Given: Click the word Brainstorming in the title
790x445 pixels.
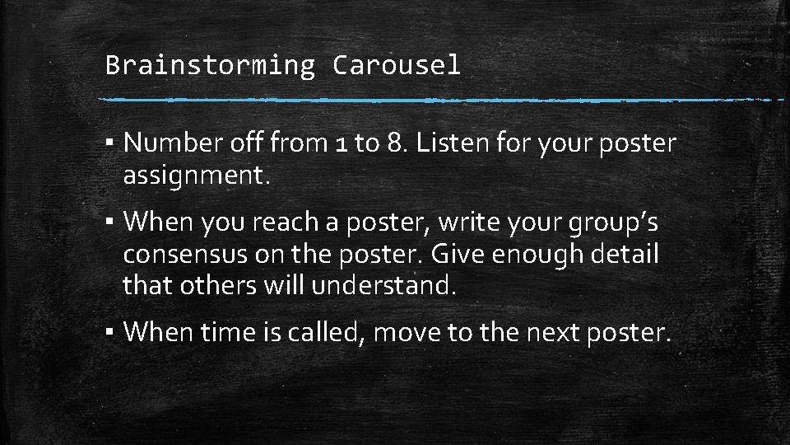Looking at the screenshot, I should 210,65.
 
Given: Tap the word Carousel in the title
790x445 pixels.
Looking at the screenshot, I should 396,65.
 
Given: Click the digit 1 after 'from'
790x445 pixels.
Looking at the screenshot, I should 343,143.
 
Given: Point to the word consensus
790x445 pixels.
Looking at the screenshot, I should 185,255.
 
